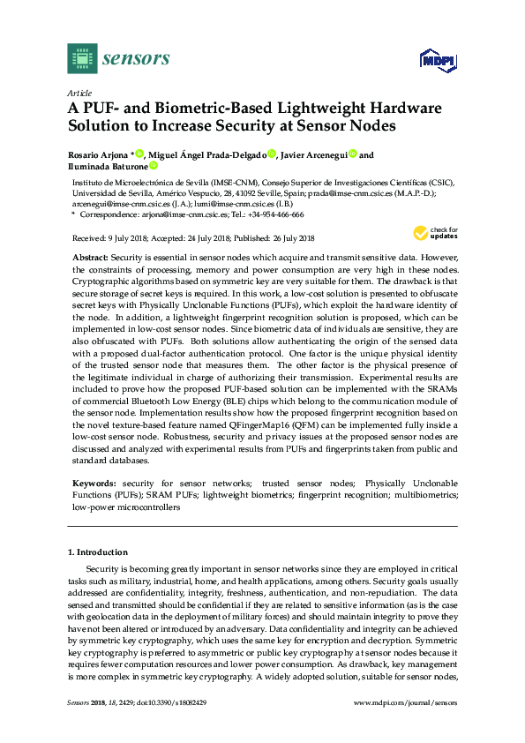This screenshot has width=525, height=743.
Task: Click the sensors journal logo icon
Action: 81,58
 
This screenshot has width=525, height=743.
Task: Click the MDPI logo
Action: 435,59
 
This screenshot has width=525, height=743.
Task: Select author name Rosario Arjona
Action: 97,155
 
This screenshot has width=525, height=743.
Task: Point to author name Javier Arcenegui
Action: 314,155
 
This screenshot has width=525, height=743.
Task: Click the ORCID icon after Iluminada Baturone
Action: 153,166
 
